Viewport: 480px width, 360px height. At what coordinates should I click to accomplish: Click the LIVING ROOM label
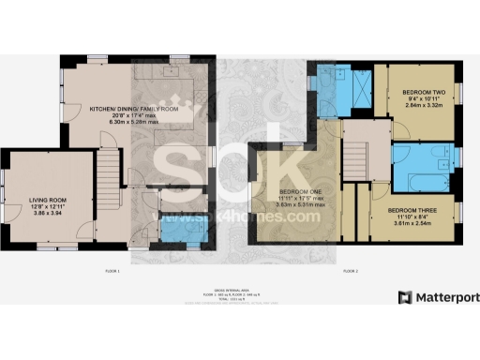[45, 200]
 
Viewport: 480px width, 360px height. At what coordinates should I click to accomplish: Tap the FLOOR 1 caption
[113, 270]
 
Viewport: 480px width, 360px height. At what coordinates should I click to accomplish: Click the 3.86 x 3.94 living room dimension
[45, 215]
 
